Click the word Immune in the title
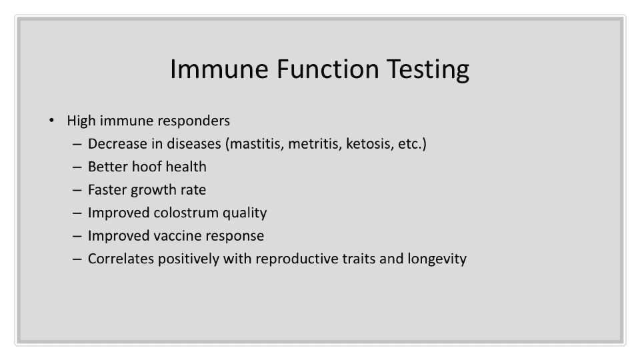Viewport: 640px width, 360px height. [219, 69]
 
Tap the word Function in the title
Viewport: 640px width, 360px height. [328, 69]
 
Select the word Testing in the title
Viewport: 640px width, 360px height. [428, 70]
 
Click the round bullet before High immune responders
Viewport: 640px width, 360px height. [51, 121]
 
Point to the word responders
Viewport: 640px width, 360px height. [193, 121]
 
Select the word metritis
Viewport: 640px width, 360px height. [315, 144]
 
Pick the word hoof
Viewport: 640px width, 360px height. [147, 167]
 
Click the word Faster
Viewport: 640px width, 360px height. [107, 190]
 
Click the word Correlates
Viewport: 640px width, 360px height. [121, 259]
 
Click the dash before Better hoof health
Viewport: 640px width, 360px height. [77, 167]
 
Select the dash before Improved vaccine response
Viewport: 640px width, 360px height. [77, 236]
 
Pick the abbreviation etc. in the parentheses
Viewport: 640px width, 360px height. [410, 144]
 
